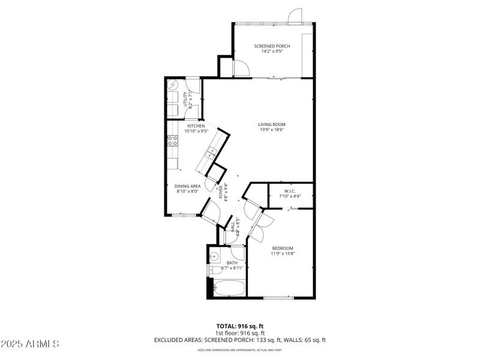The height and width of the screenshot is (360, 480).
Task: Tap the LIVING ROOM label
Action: pos(272,124)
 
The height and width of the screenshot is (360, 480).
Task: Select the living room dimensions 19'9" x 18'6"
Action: pos(272,130)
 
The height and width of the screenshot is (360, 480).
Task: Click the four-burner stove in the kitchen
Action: pos(173,141)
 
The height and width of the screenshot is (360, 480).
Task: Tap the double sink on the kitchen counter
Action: pos(211,155)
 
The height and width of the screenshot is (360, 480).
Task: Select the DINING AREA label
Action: pos(187,186)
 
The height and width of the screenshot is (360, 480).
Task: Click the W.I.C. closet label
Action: pos(290,191)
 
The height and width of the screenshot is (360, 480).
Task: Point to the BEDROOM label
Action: pos(283,248)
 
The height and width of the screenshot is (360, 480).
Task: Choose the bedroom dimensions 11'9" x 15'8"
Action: pos(283,253)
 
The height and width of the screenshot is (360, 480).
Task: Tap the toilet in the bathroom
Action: pos(212,271)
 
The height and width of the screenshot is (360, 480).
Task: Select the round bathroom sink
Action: pos(215,257)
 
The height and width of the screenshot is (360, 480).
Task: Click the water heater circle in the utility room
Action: pos(174,86)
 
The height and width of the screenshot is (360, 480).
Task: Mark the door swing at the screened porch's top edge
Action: pos(294,16)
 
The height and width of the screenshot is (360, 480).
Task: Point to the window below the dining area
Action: pos(179,215)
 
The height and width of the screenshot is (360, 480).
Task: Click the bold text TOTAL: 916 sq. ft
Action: pos(239,326)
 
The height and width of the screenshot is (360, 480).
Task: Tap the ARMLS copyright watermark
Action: pos(30,344)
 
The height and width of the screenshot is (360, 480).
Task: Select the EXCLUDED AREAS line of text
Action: pos(239,340)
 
